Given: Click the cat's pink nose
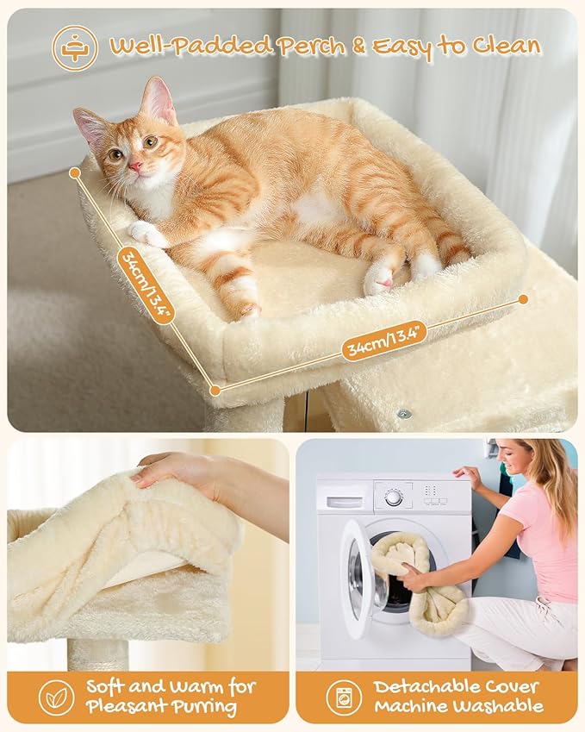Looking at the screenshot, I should pyautogui.click(x=135, y=165).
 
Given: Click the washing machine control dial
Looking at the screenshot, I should pyautogui.click(x=394, y=497).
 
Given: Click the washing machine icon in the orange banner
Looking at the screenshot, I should pyautogui.click(x=344, y=697).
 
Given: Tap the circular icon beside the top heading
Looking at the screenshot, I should pyautogui.click(x=75, y=47).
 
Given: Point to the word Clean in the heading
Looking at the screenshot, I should pyautogui.click(x=503, y=46).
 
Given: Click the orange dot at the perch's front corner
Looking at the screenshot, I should pyautogui.click(x=215, y=391).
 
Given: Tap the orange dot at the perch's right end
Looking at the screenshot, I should pyautogui.click(x=523, y=299).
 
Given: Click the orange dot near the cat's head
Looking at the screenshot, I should pyautogui.click(x=75, y=172).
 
